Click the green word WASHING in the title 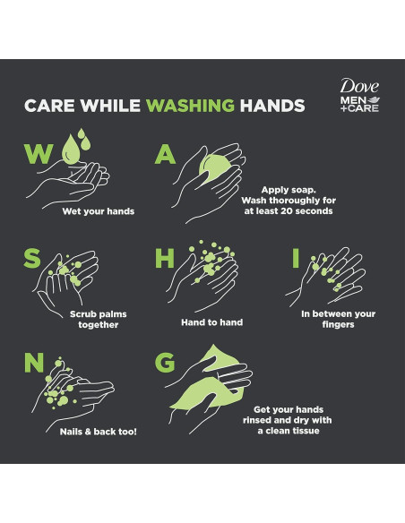click(x=191, y=106)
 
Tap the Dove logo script click(x=359, y=86)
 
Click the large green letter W click(x=39, y=153)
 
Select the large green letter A click(x=165, y=154)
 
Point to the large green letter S click(x=32, y=258)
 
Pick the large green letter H click(x=165, y=258)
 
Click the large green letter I click(x=296, y=258)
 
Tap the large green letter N click(x=34, y=363)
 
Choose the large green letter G click(x=165, y=363)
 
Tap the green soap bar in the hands click(x=214, y=168)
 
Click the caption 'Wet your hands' click(x=99, y=211)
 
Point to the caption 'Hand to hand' click(x=212, y=322)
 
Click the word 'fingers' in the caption click(x=339, y=324)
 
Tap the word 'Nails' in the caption click(x=71, y=432)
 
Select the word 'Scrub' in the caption click(x=82, y=314)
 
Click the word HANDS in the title click(x=272, y=106)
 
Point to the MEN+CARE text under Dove click(x=359, y=104)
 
